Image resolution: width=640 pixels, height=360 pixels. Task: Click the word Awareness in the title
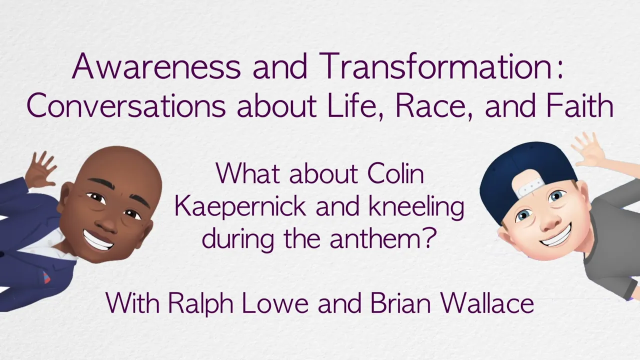(x=156, y=66)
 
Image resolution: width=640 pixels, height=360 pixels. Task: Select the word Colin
(x=395, y=173)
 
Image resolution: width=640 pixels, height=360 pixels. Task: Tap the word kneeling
(x=416, y=207)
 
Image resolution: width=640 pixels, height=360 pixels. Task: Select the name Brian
(x=400, y=303)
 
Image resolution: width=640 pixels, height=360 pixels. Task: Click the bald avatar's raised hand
(x=40, y=169)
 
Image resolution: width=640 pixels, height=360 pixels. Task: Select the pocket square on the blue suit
(x=45, y=276)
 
